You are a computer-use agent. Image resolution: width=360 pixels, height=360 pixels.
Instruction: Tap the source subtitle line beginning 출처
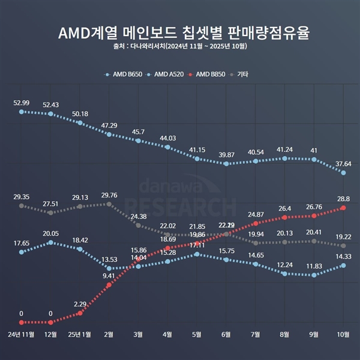click(x=180, y=46)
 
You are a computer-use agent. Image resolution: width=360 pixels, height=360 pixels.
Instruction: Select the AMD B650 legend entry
click(x=126, y=74)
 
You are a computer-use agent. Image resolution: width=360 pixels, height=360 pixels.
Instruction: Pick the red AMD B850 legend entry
click(x=206, y=74)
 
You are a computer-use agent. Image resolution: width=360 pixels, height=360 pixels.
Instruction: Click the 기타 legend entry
click(x=239, y=74)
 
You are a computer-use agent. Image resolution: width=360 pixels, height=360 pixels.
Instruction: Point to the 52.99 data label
click(x=22, y=103)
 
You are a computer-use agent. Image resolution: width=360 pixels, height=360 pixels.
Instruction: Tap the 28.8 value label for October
click(x=343, y=198)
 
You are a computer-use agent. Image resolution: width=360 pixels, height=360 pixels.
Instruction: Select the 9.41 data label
click(x=109, y=275)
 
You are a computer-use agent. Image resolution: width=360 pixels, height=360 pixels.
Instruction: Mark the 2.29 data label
click(x=80, y=304)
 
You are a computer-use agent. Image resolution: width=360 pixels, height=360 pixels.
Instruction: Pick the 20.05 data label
click(x=50, y=233)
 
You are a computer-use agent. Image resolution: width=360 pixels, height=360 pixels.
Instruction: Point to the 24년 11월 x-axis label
click(x=22, y=334)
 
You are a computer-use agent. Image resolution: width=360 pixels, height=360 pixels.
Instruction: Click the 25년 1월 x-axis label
click(x=80, y=334)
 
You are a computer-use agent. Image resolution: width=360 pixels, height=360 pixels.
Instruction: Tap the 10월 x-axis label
click(x=343, y=334)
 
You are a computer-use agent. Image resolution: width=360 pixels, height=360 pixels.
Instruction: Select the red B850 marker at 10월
click(x=343, y=208)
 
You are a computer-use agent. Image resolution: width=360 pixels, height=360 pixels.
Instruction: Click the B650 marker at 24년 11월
click(x=22, y=112)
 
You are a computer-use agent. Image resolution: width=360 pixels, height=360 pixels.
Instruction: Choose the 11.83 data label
click(x=314, y=266)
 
